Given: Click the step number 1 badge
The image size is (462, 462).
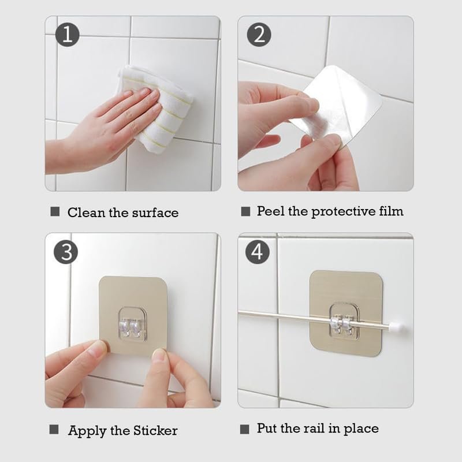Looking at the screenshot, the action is pyautogui.click(x=67, y=35).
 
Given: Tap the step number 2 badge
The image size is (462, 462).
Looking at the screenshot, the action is pyautogui.click(x=259, y=35).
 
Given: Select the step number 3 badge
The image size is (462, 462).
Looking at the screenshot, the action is pyautogui.click(x=66, y=252).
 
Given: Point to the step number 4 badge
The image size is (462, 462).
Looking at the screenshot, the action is pyautogui.click(x=257, y=252).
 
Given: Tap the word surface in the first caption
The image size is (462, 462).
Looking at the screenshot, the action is pyautogui.click(x=155, y=213).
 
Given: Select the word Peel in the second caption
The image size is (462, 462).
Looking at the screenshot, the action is pyautogui.click(x=270, y=211).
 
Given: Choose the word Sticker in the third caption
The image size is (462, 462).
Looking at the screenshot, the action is pyautogui.click(x=155, y=430).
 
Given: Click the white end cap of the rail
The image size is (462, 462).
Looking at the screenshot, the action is pyautogui.click(x=396, y=326).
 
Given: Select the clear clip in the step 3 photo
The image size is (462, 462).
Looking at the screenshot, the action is pyautogui.click(x=133, y=325).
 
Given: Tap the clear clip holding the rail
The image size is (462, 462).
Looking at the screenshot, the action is pyautogui.click(x=344, y=323).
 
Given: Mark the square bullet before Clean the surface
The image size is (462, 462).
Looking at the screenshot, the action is pyautogui.click(x=55, y=211).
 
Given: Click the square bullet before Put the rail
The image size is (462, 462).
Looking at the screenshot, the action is pyautogui.click(x=244, y=429).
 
